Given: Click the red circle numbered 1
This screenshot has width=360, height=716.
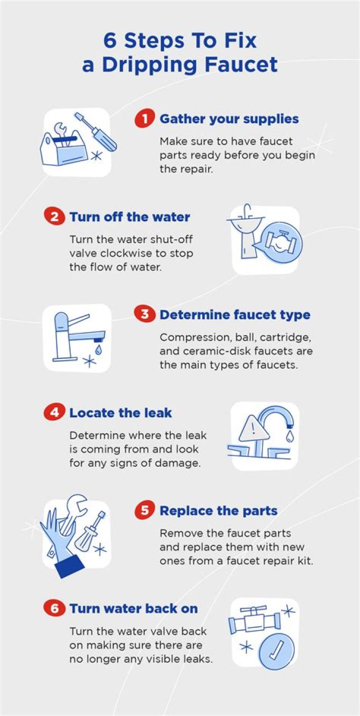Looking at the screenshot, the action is click(144, 119).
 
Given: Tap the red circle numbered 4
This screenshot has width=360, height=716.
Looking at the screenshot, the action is click(54, 412).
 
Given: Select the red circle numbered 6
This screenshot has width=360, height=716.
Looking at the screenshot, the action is click(54, 608).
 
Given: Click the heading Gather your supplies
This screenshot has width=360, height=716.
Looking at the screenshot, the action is click(229, 119).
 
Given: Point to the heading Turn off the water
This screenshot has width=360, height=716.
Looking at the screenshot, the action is click(129, 217).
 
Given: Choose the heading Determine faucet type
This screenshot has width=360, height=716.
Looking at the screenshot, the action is click(235, 315).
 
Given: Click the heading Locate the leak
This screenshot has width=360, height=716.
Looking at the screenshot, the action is click(120, 413).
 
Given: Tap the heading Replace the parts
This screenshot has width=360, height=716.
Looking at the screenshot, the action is click(218, 511).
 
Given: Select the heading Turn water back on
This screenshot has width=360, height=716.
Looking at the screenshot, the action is click(133, 608).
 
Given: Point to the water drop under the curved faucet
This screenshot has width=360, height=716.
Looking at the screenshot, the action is click(289, 436).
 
